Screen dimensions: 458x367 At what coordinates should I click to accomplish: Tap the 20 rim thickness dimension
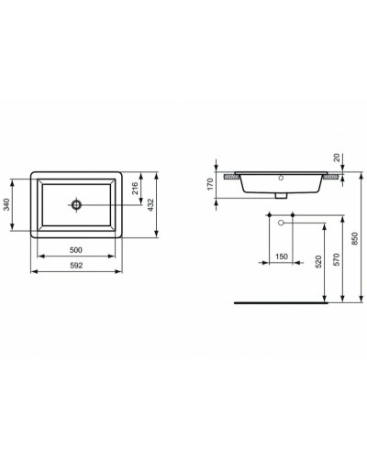(338, 158)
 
